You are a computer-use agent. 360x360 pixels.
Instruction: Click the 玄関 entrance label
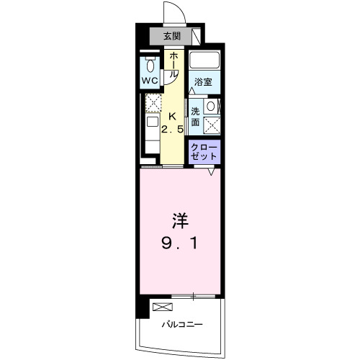[171, 35]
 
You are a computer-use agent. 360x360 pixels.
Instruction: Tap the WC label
[150, 81]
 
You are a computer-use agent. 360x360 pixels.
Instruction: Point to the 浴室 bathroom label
[203, 81]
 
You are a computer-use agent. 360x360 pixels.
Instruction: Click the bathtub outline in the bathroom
[204, 61]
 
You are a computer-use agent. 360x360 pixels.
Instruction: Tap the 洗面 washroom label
[195, 117]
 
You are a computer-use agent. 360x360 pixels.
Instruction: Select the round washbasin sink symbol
[211, 107]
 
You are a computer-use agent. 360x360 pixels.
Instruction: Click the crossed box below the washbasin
[212, 125]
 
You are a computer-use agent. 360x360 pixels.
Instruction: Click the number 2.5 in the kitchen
[171, 130]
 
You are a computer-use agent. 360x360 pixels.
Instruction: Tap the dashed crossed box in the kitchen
[153, 103]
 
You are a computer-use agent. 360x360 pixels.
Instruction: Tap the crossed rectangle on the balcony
[161, 307]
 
